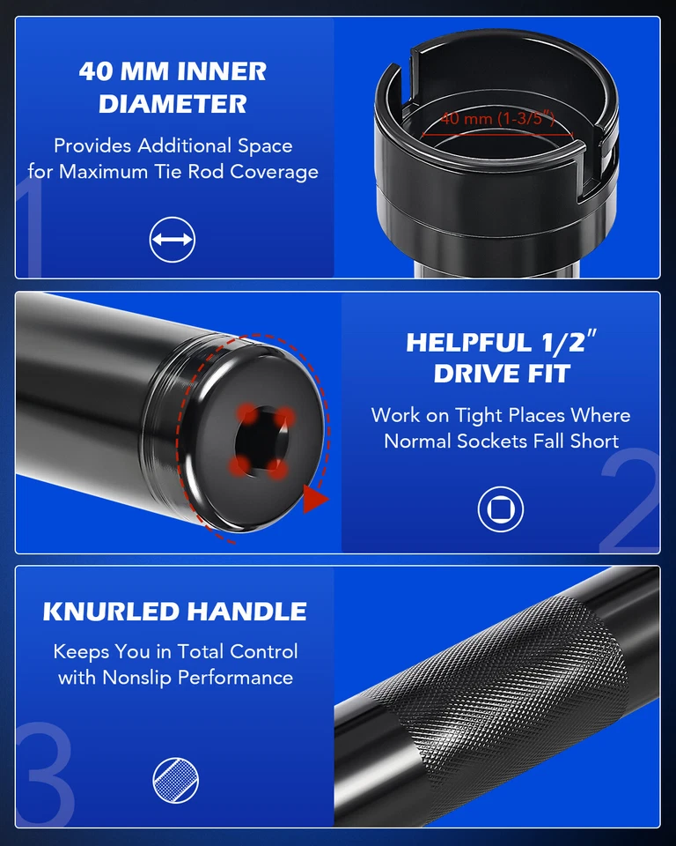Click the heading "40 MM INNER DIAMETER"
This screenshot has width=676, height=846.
click(x=173, y=86)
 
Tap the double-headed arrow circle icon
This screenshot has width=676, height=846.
click(x=172, y=240)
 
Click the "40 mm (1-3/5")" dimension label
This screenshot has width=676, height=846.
click(x=497, y=118)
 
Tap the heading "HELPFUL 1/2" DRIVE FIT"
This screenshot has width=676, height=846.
click(x=501, y=357)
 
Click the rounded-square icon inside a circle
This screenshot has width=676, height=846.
click(x=501, y=508)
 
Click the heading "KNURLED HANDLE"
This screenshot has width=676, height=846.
click(x=175, y=612)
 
